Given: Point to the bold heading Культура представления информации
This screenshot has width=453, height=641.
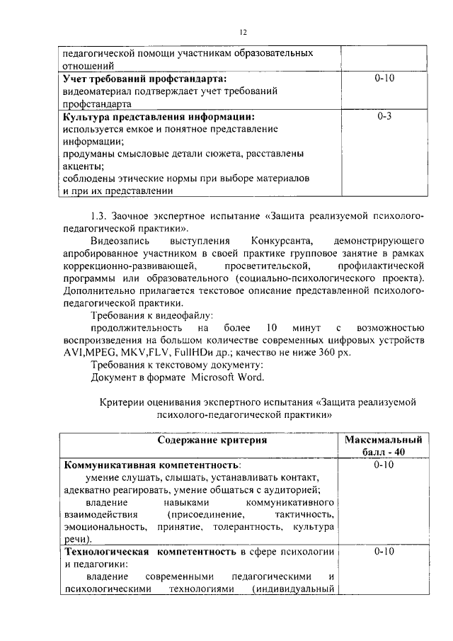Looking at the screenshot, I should point(159,116).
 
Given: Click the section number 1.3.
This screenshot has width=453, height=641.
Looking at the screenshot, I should point(101,216).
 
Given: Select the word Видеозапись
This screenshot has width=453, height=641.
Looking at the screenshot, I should point(119,242).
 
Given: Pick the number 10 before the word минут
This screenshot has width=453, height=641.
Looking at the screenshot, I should point(273,327).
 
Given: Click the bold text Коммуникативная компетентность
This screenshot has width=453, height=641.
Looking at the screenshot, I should point(151,465).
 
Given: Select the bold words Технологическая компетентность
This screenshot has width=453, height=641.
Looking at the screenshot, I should point(149,552).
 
